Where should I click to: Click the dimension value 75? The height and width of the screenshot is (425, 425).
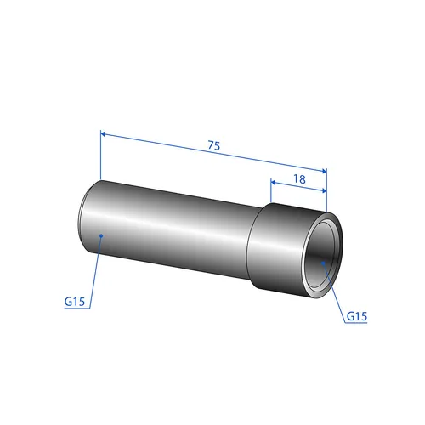[214, 145]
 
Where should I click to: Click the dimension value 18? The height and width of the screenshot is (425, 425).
[299, 179]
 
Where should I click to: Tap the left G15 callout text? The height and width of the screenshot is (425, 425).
[75, 302]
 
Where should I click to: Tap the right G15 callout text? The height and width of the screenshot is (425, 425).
[357, 316]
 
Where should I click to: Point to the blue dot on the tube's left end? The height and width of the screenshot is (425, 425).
[101, 235]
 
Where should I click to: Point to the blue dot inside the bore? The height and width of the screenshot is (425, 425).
[323, 263]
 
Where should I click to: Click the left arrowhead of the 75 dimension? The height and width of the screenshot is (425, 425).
[103, 134]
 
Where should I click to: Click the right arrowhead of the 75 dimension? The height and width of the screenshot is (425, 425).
[324, 171]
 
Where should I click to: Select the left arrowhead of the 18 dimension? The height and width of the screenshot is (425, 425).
[274, 182]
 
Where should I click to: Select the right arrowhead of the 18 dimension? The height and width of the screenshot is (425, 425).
[324, 190]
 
